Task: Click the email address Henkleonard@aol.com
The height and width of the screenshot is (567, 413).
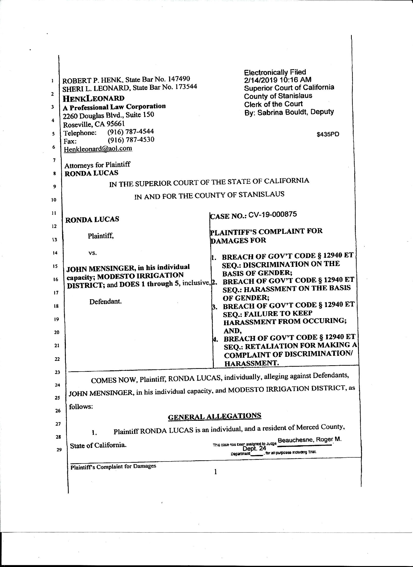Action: tap(98, 149)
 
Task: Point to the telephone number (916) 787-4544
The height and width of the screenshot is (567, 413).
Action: tap(130, 131)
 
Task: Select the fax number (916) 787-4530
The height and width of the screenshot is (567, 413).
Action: tap(131, 140)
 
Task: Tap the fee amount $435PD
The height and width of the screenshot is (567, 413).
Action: tap(328, 135)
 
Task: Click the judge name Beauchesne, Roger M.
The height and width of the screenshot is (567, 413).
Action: tap(310, 440)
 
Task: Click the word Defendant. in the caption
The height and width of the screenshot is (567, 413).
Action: tap(105, 301)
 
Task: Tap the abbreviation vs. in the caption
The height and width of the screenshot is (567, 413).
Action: tap(92, 253)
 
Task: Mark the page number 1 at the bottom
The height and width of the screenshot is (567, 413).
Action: tap(215, 472)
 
